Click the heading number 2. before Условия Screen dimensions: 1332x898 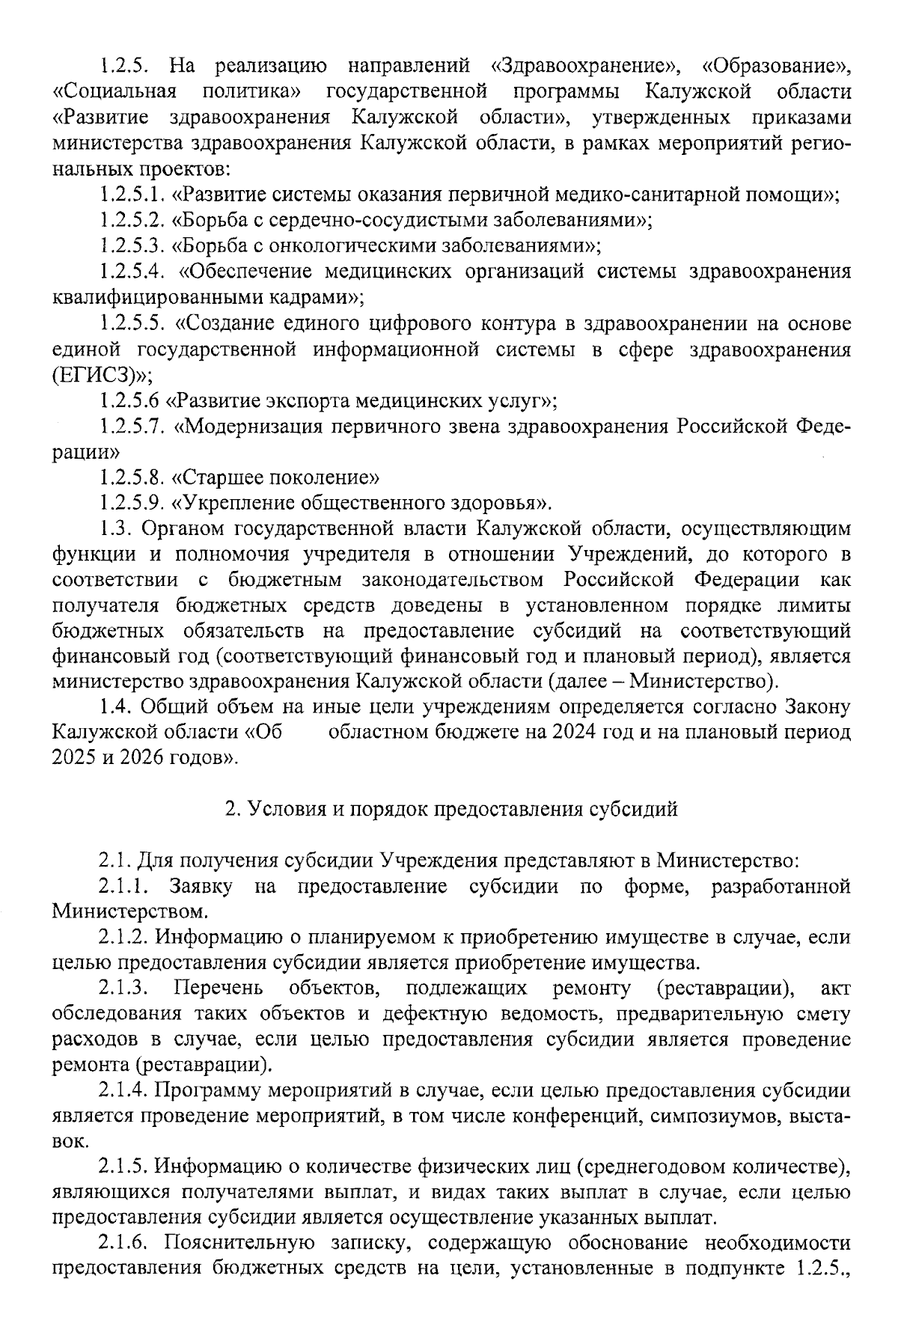click(x=232, y=809)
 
